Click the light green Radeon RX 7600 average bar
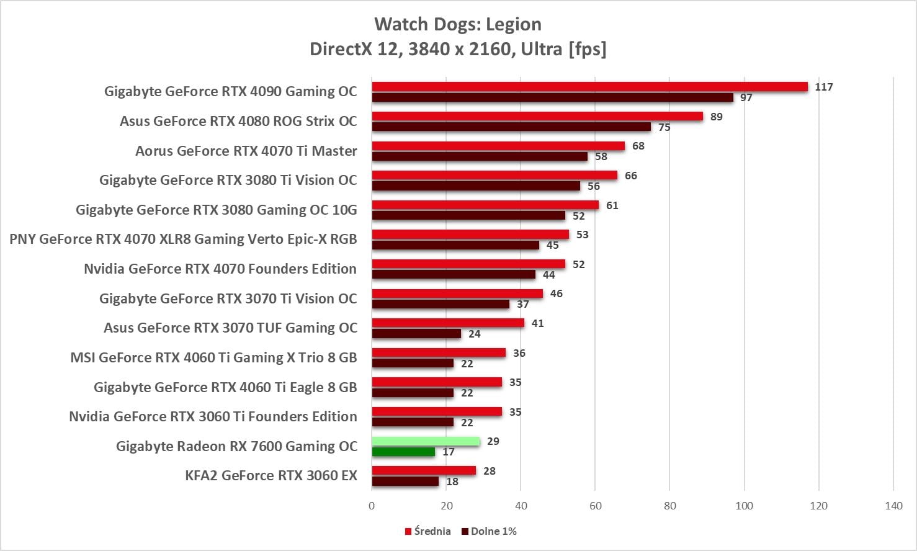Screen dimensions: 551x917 tap(426, 441)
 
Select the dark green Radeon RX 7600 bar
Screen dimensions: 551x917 tap(403, 452)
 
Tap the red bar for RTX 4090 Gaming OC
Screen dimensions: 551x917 tap(589, 87)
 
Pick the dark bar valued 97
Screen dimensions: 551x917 tap(552, 97)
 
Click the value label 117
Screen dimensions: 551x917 tap(823, 87)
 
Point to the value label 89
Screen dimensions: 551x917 tap(716, 117)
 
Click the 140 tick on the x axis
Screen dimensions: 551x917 tap(893, 506)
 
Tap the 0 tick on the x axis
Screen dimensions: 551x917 tap(372, 506)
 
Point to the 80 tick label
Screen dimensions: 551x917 tap(669, 506)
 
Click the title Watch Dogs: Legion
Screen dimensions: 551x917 tap(458, 24)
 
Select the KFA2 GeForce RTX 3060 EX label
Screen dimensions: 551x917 tap(271, 476)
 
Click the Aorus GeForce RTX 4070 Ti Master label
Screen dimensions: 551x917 tap(246, 151)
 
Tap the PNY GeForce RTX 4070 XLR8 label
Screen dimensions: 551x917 tap(183, 239)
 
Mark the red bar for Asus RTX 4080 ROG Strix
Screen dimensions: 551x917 tap(537, 117)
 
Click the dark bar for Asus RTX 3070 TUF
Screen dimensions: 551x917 tap(416, 334)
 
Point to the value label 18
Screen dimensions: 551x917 tap(452, 482)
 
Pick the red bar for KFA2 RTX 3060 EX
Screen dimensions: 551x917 tap(424, 471)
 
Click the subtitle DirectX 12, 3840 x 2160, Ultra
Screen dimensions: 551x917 tap(458, 48)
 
